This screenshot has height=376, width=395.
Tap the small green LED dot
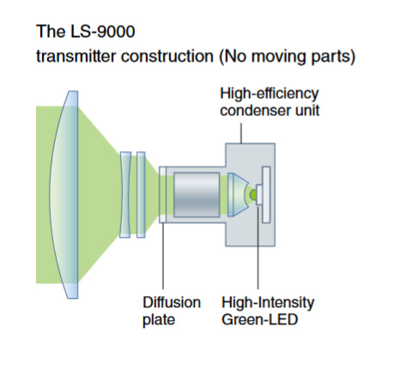coord(253,195)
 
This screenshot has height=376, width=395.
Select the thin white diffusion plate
coord(162,195)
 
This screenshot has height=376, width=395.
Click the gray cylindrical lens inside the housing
coord(197,195)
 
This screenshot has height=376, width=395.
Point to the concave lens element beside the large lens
coord(125,195)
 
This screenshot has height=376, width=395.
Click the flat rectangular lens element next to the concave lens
coord(141,195)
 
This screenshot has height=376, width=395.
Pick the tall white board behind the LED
coord(266,195)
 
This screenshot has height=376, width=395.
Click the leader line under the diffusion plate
coord(163,256)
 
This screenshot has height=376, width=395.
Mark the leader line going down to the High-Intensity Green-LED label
coord(258,247)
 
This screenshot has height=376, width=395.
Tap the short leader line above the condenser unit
coord(241,133)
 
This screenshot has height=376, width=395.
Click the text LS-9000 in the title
coord(102,32)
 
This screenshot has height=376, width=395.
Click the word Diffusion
coord(172,302)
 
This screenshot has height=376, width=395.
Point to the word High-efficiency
coord(270,94)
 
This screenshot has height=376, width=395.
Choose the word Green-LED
coord(260,319)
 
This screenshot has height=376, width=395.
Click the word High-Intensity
coord(268,303)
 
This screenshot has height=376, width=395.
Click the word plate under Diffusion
coord(159,320)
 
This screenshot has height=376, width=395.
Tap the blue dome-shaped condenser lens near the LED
coord(236,195)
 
